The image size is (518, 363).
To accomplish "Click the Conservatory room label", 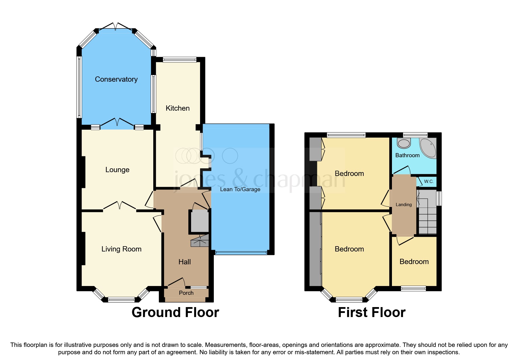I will pyautogui.click(x=116, y=79).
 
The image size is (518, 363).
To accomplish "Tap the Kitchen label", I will pyautogui.click(x=178, y=108).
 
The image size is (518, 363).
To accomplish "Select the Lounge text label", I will pyautogui.click(x=117, y=170).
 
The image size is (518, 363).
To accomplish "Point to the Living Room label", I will pyautogui.click(x=121, y=249).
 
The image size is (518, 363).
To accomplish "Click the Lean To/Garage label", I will pyautogui.click(x=240, y=189).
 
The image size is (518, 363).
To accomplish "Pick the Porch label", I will pyautogui.click(x=186, y=293).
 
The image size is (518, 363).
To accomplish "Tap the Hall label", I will pyautogui.click(x=185, y=262).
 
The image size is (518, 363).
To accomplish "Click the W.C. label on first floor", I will pyautogui.click(x=429, y=181).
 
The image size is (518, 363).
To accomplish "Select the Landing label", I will pyautogui.click(x=404, y=205).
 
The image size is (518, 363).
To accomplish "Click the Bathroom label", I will pyautogui.click(x=407, y=155).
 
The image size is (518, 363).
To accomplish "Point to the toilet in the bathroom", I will pyautogui.click(x=404, y=143).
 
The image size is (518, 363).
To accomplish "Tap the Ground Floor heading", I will pyautogui.click(x=175, y=312).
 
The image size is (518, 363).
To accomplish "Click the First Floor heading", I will pyautogui.click(x=371, y=312).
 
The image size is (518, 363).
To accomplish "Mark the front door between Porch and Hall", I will pyautogui.click(x=177, y=282).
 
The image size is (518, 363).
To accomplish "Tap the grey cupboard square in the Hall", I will pyautogui.click(x=199, y=221).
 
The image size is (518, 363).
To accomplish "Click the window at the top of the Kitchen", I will pyautogui.click(x=180, y=60).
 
